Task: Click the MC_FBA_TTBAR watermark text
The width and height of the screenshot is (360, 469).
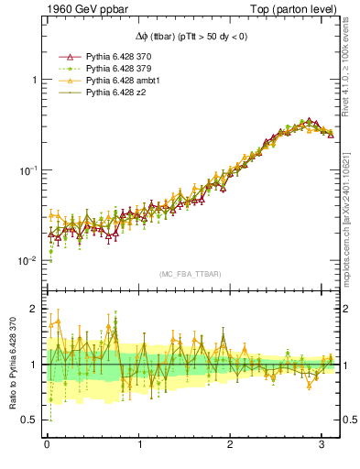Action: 190,275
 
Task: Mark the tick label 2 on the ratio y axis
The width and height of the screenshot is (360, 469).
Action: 36,310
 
